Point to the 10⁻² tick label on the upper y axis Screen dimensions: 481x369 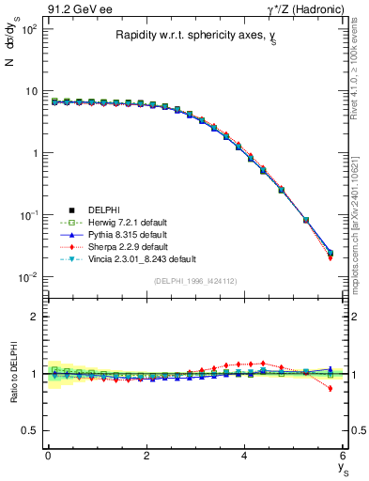pyautogui.click(x=28, y=276)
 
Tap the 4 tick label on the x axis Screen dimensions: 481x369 pyautogui.click(x=244, y=456)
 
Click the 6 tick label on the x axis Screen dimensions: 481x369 pyautogui.click(x=343, y=456)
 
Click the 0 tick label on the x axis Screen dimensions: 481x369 pyautogui.click(x=48, y=456)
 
